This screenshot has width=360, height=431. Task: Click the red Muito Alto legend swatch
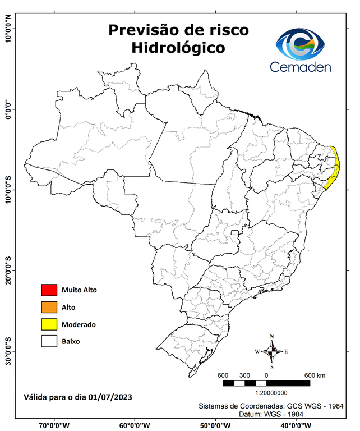[49, 290]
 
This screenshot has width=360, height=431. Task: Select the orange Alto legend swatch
[49, 307]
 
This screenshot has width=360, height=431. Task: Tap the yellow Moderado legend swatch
[49, 324]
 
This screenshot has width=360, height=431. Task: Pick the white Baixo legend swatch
[49, 341]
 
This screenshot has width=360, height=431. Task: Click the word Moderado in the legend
[79, 324]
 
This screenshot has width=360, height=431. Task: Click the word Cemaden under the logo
[301, 67]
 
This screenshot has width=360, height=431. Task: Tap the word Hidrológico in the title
[178, 48]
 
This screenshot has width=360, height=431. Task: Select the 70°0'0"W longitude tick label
[54, 425]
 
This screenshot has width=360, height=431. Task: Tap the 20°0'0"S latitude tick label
[8, 270]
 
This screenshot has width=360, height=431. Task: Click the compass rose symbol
[272, 351]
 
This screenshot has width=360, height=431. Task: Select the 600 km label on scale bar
[314, 375]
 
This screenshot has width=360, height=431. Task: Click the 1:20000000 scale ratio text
[271, 393]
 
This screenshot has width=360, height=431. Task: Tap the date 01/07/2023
[110, 397]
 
